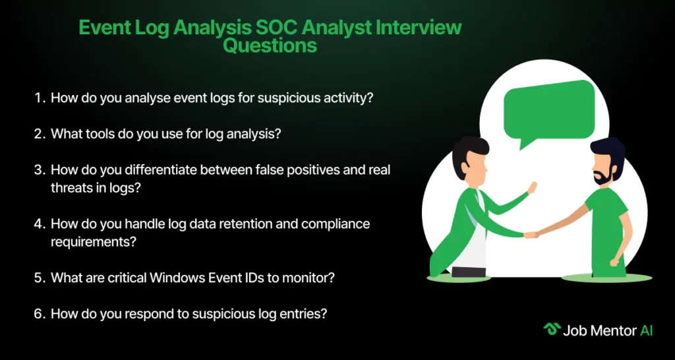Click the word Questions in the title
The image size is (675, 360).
coord(270,45)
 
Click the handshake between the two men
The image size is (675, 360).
coord(531,235)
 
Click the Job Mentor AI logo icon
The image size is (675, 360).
coord(551,330)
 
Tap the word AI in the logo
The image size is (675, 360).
coord(646,330)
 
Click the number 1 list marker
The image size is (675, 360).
coord(40,98)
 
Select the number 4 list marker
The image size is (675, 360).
coord(40,224)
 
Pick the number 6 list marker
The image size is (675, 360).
coord(40,313)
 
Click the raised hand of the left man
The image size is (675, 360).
coord(532,188)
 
